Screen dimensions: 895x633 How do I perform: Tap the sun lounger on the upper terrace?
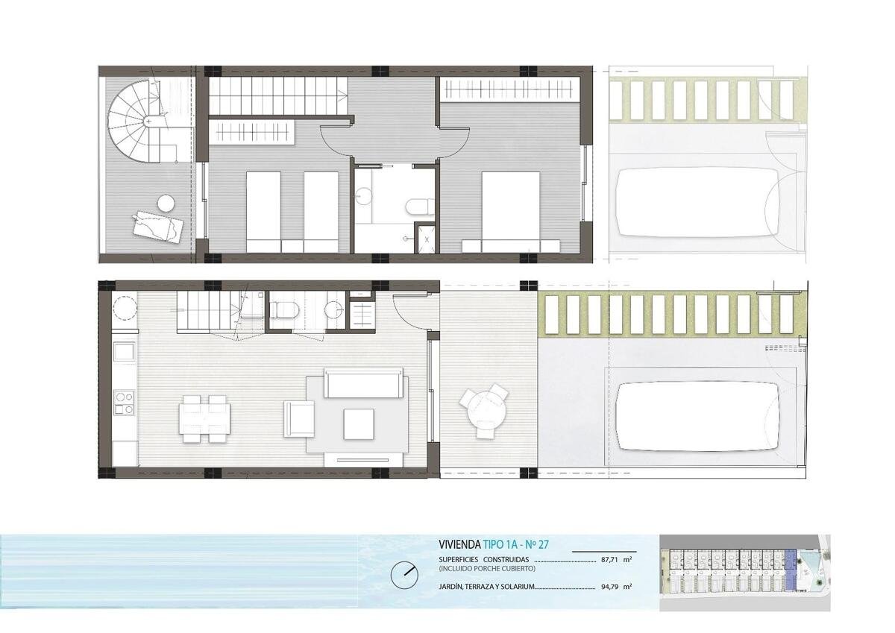[x=158, y=227]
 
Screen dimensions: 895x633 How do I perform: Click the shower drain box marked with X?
[x=427, y=239]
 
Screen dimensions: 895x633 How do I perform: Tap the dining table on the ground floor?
[x=204, y=418]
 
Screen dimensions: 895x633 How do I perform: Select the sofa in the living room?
[x=364, y=383]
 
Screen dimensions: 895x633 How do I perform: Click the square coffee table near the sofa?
[x=359, y=423]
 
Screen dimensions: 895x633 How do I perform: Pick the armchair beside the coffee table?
[x=299, y=419]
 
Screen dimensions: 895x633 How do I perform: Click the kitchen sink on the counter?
[x=125, y=351]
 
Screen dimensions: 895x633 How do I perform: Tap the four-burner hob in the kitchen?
[x=125, y=403]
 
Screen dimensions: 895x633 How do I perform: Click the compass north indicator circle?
[x=404, y=576]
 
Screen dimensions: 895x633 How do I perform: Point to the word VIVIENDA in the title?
[x=459, y=544]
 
